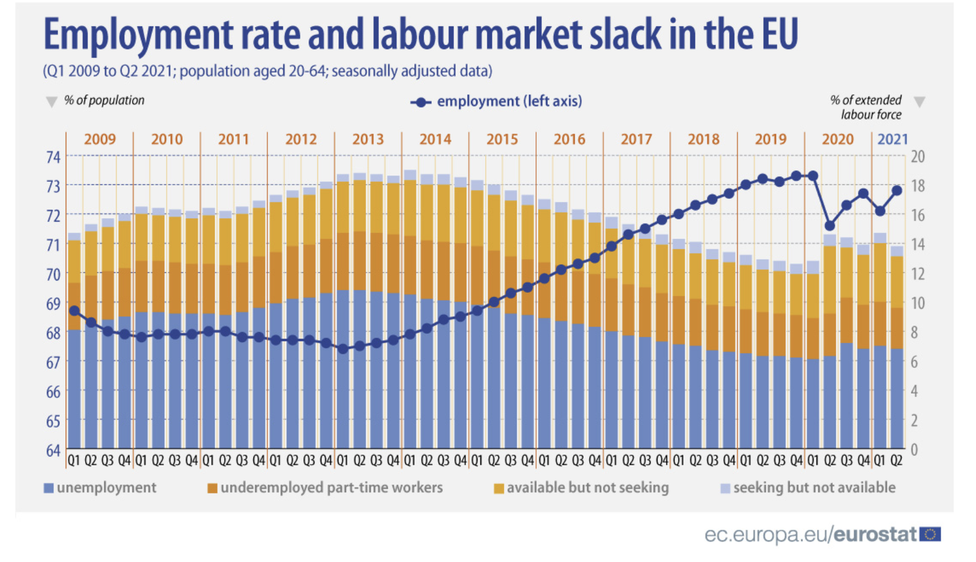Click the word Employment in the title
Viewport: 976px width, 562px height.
click(x=138, y=34)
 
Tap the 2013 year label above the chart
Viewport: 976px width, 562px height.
click(x=368, y=140)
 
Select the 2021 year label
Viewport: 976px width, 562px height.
click(x=892, y=140)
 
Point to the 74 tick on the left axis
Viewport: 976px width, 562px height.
click(x=53, y=157)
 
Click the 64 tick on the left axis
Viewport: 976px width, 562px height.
click(x=53, y=451)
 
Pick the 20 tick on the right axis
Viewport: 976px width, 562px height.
click(x=917, y=157)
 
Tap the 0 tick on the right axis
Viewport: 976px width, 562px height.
click(x=914, y=450)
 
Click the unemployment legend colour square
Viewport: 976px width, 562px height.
click(x=49, y=488)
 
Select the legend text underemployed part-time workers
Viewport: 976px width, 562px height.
click(x=331, y=487)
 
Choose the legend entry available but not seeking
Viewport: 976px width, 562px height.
click(x=587, y=487)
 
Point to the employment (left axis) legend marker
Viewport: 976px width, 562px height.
click(x=421, y=102)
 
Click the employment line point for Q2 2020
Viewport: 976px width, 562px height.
click(x=829, y=226)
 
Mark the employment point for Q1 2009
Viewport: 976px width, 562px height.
click(x=74, y=311)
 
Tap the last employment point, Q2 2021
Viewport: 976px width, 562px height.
click(x=896, y=191)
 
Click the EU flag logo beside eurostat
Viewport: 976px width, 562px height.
click(x=930, y=534)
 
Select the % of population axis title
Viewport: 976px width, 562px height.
click(x=104, y=100)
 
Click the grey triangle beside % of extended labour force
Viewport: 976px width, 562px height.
click(x=919, y=102)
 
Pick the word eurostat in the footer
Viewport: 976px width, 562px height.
click(x=875, y=534)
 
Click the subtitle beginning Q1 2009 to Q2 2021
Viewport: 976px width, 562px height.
click(x=267, y=72)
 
